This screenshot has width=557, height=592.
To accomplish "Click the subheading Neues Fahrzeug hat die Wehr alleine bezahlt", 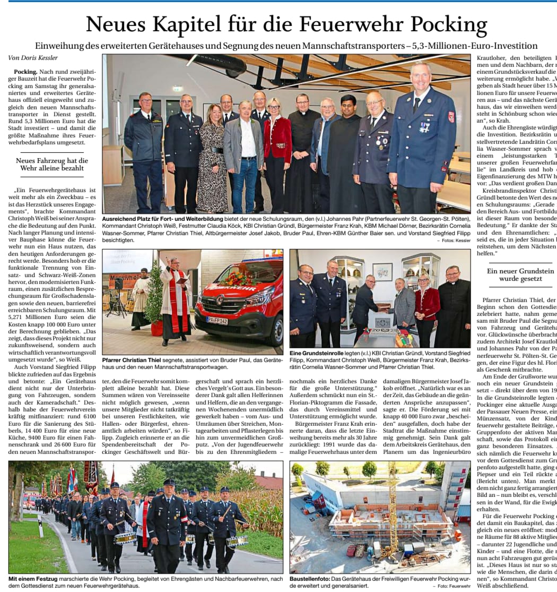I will point(52,164).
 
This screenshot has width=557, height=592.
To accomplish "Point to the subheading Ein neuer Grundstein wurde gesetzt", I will point(513,274).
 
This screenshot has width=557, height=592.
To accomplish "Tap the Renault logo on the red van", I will point(219,301).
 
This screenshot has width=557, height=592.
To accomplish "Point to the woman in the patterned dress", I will point(212,159).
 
